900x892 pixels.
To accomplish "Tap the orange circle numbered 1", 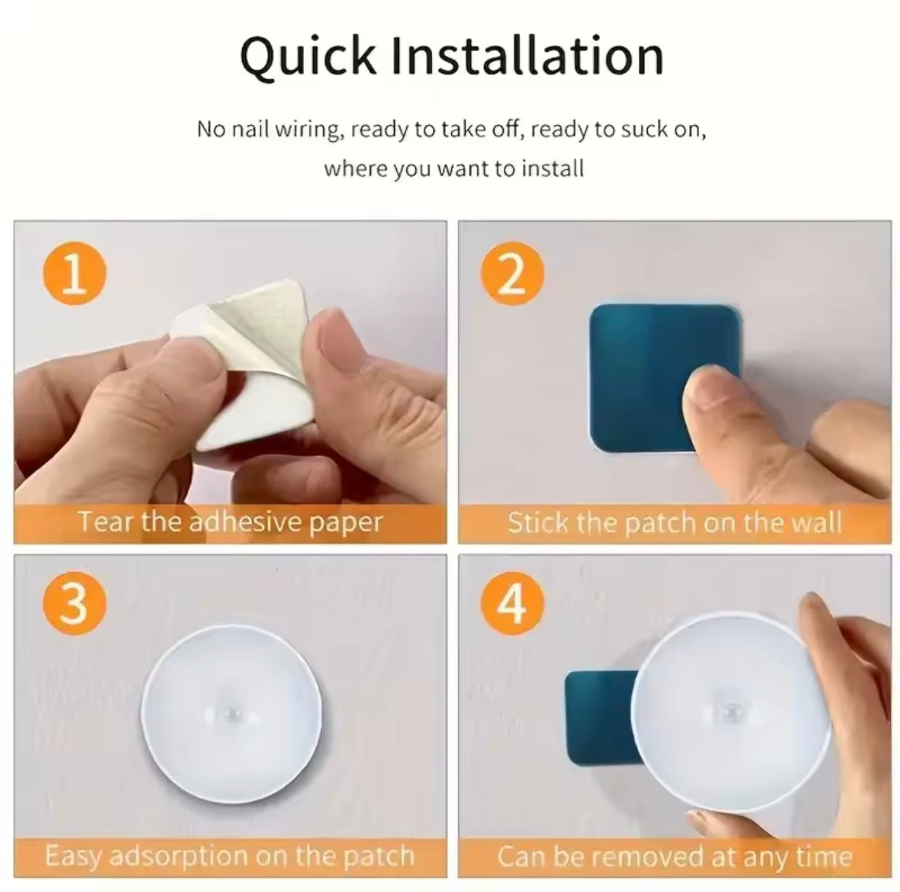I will [74, 275].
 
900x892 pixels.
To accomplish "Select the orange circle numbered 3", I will [74, 603].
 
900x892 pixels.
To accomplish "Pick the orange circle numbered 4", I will [512, 603].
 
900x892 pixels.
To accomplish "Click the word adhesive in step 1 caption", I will [235, 522].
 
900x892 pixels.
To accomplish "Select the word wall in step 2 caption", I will [816, 522].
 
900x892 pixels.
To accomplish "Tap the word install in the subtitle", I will [552, 168].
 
